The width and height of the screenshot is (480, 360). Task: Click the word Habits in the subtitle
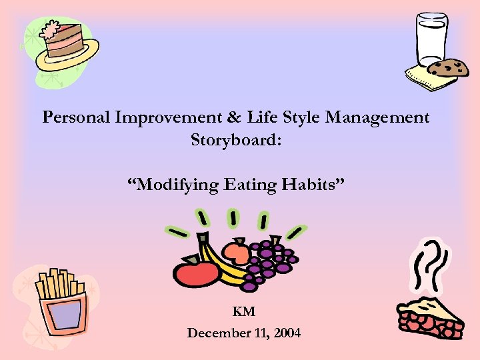click(311, 184)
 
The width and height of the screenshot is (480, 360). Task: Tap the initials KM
click(244, 311)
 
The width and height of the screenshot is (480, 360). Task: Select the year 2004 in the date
click(286, 332)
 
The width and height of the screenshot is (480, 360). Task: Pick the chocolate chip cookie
click(447, 68)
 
